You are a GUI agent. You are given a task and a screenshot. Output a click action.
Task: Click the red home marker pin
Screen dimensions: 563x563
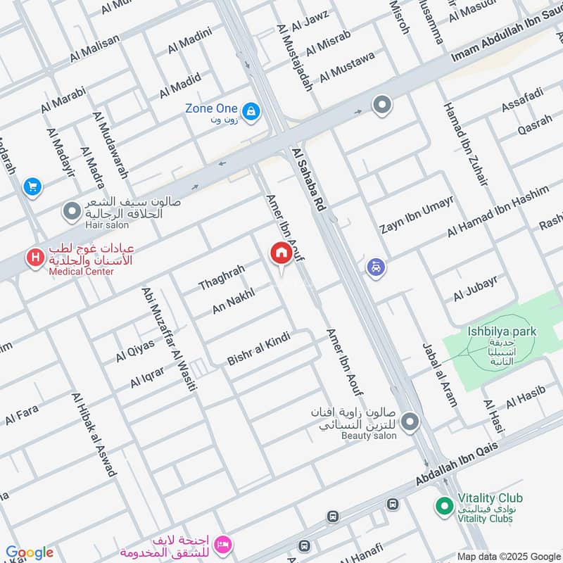point(281,254)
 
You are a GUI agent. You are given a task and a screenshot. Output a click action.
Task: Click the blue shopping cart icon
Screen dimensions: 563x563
point(32,186)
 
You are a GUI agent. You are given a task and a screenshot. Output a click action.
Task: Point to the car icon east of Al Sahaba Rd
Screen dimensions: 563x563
point(376,267)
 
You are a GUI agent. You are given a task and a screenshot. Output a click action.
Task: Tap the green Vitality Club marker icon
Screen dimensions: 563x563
point(443,505)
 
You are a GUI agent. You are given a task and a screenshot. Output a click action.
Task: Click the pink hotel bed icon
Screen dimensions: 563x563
point(223,544)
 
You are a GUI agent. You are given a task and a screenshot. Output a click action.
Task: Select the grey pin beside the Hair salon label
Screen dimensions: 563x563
point(71,210)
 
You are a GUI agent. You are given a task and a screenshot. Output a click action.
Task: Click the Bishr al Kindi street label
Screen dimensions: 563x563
point(258,350)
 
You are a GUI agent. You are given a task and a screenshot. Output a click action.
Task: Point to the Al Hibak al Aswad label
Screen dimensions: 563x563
point(93,435)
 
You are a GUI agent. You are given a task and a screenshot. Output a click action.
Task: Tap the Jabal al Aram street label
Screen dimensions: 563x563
point(440,374)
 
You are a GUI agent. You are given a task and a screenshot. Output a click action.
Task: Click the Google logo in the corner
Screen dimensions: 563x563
point(29,552)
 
